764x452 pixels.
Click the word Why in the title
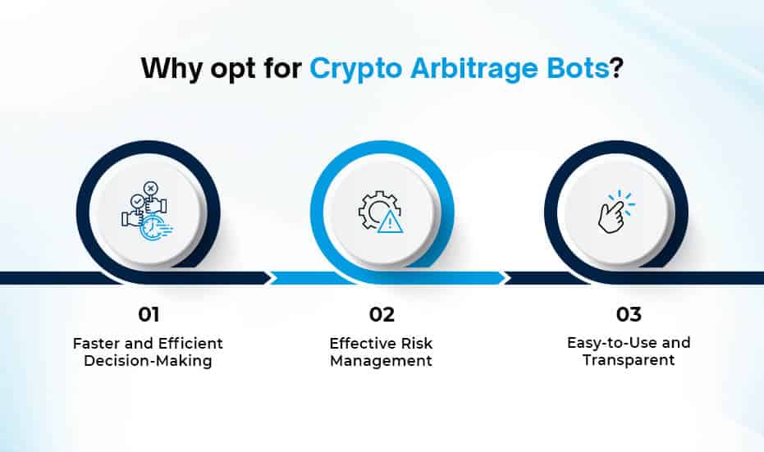coord(171,69)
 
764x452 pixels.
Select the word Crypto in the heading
coord(355,69)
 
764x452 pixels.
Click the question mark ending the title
coord(616,68)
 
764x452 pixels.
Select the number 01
coord(149,315)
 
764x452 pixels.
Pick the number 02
coord(382,315)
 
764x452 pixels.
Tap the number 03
coord(629,314)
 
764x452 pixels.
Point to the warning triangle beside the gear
coord(391,222)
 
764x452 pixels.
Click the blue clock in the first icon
coord(153,228)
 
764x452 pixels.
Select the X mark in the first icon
coord(150,188)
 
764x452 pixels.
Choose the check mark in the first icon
coord(137,201)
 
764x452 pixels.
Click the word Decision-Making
coord(148,361)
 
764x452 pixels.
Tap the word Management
coord(381,361)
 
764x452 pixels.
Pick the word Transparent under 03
coord(629,360)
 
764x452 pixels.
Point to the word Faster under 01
coord(97,344)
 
